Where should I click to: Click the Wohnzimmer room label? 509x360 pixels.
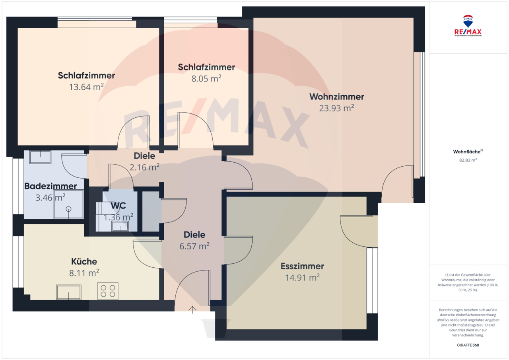[x=336, y=97]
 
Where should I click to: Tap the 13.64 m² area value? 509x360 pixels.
[x=86, y=87]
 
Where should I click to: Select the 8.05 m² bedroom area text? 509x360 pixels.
[x=206, y=78]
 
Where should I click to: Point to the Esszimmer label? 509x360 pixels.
[x=302, y=266]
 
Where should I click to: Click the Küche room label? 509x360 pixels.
[x=84, y=261]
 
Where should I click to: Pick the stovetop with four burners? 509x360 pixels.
[x=108, y=291]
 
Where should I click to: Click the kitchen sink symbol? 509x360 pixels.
[x=68, y=292]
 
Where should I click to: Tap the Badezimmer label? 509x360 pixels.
[x=51, y=186]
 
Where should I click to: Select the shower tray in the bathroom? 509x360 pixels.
[x=69, y=204]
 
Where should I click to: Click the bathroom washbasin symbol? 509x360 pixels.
[x=40, y=157]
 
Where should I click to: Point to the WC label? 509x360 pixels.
[x=119, y=206]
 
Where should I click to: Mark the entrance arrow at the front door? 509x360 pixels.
[x=193, y=309]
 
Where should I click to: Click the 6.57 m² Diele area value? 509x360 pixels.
[x=194, y=246]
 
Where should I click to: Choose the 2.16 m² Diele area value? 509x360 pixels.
[x=144, y=167]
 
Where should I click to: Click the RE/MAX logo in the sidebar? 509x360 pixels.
[x=468, y=26]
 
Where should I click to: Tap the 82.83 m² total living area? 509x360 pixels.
[x=468, y=160]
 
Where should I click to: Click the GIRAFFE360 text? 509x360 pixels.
[x=468, y=345]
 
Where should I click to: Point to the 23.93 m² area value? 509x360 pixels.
[x=336, y=108]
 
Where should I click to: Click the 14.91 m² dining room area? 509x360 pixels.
[x=302, y=277]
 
